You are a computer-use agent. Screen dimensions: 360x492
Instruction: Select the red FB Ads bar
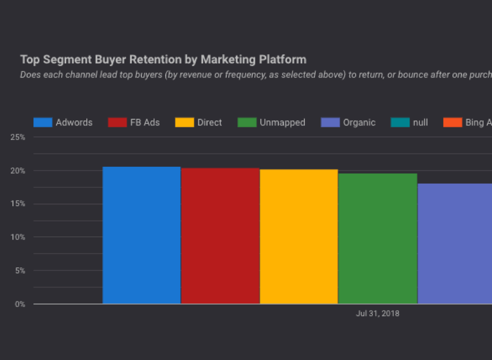pos(220,236)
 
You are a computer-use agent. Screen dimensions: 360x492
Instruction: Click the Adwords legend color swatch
pos(43,123)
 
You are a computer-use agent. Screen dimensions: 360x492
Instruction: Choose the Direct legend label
pos(209,123)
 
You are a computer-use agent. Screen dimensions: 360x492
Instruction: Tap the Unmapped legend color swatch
pos(247,123)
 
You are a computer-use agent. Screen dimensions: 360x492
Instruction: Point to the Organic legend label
pos(359,123)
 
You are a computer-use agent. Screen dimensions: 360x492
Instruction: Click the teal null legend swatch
pos(400,123)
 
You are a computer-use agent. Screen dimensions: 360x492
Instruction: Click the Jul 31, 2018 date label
pos(377,313)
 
